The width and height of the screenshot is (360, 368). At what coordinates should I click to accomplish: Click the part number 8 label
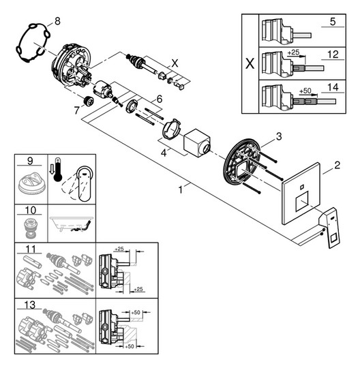point(57,22)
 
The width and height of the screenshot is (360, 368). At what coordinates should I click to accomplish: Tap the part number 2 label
point(336,164)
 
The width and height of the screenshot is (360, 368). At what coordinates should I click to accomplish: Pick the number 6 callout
point(159,99)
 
